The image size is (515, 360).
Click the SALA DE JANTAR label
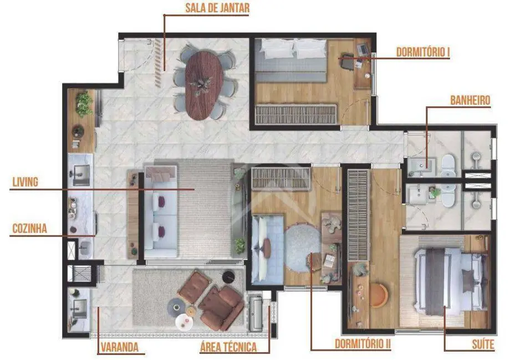coord(218,8)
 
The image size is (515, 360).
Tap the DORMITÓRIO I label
coord(422,53)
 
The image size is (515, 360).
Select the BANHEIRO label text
coord(470,101)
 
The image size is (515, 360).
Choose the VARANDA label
coord(119,348)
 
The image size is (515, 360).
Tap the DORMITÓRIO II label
coord(363,344)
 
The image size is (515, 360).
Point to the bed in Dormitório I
coord(292,61)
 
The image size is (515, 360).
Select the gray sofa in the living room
coord(161,213)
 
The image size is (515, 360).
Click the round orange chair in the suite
coord(379,295)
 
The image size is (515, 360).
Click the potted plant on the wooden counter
coord(84,104)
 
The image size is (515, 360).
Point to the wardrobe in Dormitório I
coord(296,114)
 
